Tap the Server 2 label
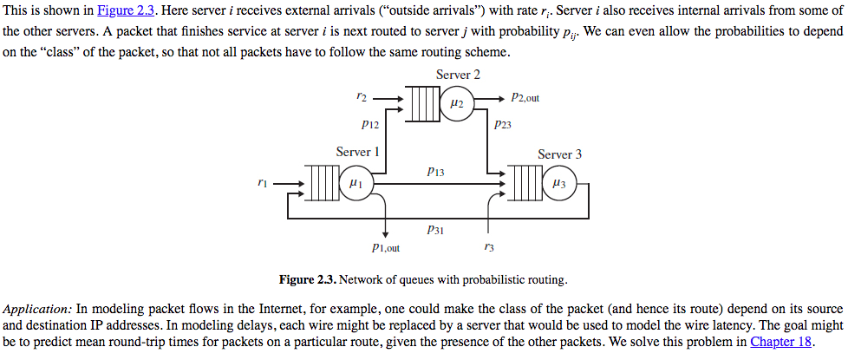click(458, 75)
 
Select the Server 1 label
click(358, 152)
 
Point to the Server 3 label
click(559, 154)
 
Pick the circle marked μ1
click(355, 184)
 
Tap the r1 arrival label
click(262, 182)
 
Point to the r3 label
click(489, 248)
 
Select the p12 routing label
click(369, 125)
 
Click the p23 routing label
click(503, 125)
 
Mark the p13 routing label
click(435, 173)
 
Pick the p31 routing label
click(435, 230)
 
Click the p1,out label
click(385, 248)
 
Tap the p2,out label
click(525, 98)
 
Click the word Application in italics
click(37, 309)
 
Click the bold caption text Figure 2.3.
click(307, 280)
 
